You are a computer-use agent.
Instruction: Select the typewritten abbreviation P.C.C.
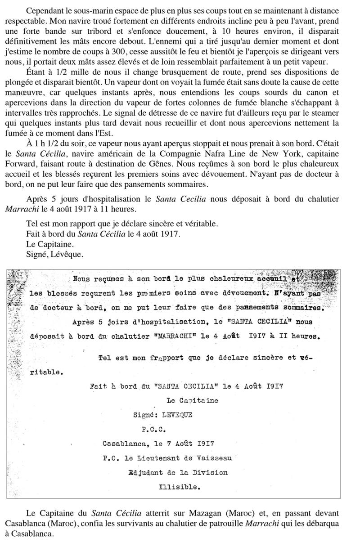coord(154,429)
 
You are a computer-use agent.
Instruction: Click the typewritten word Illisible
coord(179,487)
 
